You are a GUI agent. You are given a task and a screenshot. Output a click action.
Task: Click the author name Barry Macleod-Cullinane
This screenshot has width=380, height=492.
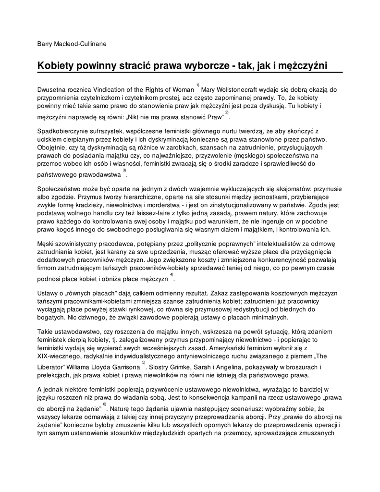click(x=72, y=44)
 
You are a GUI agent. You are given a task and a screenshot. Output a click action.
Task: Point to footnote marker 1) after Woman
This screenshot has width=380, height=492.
click(x=197, y=85)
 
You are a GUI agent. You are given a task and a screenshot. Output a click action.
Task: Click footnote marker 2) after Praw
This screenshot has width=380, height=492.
click(x=227, y=112)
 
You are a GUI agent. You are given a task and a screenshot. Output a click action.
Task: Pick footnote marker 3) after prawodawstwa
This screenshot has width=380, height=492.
click(x=124, y=170)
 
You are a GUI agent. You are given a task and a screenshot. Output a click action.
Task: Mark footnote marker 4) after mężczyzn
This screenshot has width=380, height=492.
click(x=172, y=274)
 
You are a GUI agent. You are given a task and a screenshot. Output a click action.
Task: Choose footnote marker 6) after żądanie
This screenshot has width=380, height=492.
click(x=104, y=404)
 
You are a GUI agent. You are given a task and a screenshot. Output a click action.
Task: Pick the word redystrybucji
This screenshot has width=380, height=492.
click(x=261, y=309)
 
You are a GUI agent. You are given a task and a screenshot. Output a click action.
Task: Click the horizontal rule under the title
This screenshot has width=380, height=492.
click(x=190, y=73)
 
